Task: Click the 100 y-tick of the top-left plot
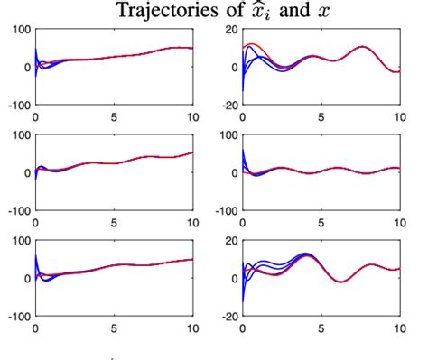coord(21,29)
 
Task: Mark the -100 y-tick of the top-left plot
coord(19,106)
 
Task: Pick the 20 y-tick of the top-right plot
coord(229,29)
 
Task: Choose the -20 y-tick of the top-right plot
coord(228,106)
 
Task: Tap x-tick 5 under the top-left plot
coord(114,117)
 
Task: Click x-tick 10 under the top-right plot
coord(398,117)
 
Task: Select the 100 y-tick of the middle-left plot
coord(21,134)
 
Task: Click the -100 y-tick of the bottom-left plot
coord(19,317)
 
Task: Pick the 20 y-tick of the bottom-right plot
coord(229,239)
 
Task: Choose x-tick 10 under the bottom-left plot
coord(191,328)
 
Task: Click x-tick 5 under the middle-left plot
coord(114,222)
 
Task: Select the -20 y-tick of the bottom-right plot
coord(228,317)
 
